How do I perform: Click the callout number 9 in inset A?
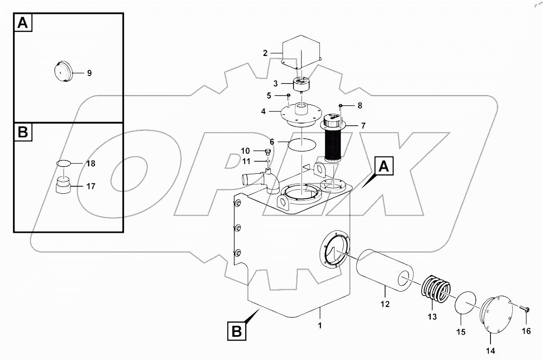coord(89,73)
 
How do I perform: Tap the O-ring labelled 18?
coord(64,164)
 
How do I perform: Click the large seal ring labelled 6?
coord(302,144)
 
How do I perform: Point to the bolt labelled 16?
coord(525,308)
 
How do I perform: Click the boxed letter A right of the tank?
coord(386,168)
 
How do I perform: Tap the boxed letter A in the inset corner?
coord(24,23)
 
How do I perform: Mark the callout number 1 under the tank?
coord(320,325)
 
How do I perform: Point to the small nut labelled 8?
coord(341,105)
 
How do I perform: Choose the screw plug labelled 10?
coord(268,152)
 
